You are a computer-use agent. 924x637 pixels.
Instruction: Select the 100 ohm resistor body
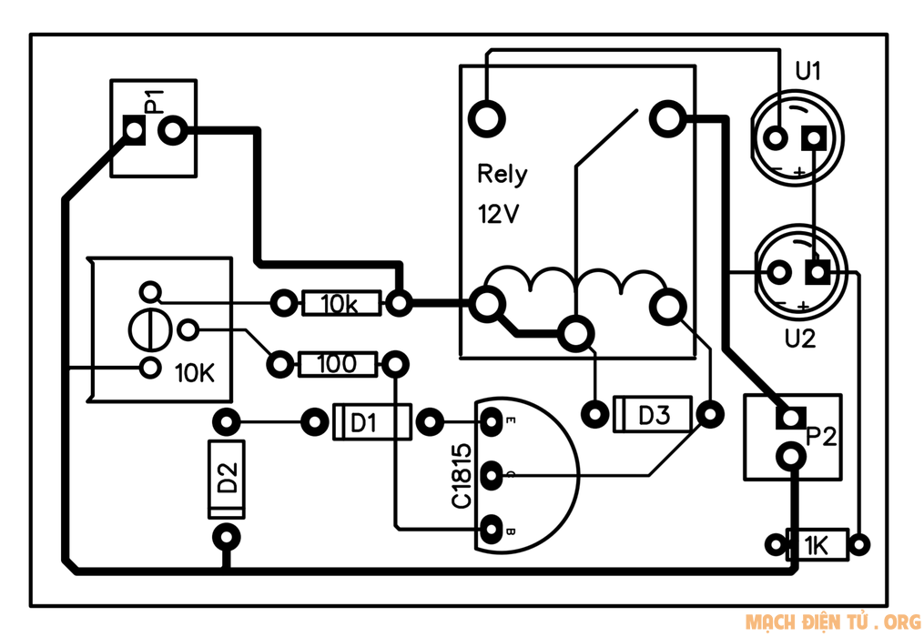coord(337,365)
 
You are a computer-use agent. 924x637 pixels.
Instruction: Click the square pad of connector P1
coord(135,132)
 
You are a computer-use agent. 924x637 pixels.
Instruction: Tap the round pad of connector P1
coord(173,132)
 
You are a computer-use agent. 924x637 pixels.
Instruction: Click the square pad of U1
coord(813,138)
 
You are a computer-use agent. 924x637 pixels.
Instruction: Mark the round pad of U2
coord(779,272)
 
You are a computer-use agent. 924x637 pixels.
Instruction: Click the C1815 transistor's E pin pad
coord(491,421)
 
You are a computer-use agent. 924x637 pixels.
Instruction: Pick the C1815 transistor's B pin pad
coord(491,527)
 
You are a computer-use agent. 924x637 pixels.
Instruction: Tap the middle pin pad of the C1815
coord(491,474)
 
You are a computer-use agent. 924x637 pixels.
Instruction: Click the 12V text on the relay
coord(497,215)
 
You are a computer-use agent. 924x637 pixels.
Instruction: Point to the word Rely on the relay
coord(502,174)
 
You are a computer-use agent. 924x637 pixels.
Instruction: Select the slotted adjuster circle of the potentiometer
coord(149,329)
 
